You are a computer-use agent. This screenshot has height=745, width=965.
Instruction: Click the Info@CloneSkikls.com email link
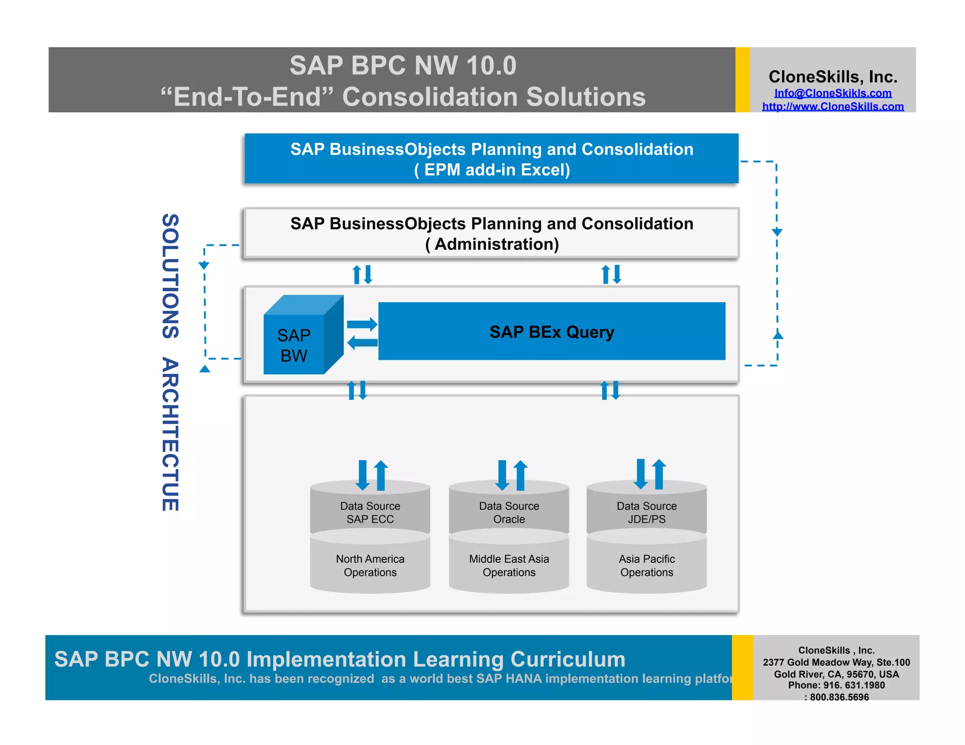coord(833,93)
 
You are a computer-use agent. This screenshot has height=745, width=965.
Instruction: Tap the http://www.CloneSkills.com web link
coord(833,106)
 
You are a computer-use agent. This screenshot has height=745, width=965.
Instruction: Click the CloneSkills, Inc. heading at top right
coord(833,77)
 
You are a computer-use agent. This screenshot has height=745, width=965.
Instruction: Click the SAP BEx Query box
coord(551,332)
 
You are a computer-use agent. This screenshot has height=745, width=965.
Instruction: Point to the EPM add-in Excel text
coord(492,170)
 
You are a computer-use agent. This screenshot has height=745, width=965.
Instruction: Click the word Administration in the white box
coord(496,244)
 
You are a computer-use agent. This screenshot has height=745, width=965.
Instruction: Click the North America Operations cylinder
coord(370,566)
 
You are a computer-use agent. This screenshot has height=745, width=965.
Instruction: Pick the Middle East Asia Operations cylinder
coord(509,566)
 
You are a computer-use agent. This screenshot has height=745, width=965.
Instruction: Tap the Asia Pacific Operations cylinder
coord(646,566)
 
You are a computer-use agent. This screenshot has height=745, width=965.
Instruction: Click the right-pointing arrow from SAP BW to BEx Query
coord(362,324)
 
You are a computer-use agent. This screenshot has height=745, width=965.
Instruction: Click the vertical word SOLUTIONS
coord(171,276)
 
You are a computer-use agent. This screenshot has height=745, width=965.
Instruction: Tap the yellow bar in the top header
coord(742,80)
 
